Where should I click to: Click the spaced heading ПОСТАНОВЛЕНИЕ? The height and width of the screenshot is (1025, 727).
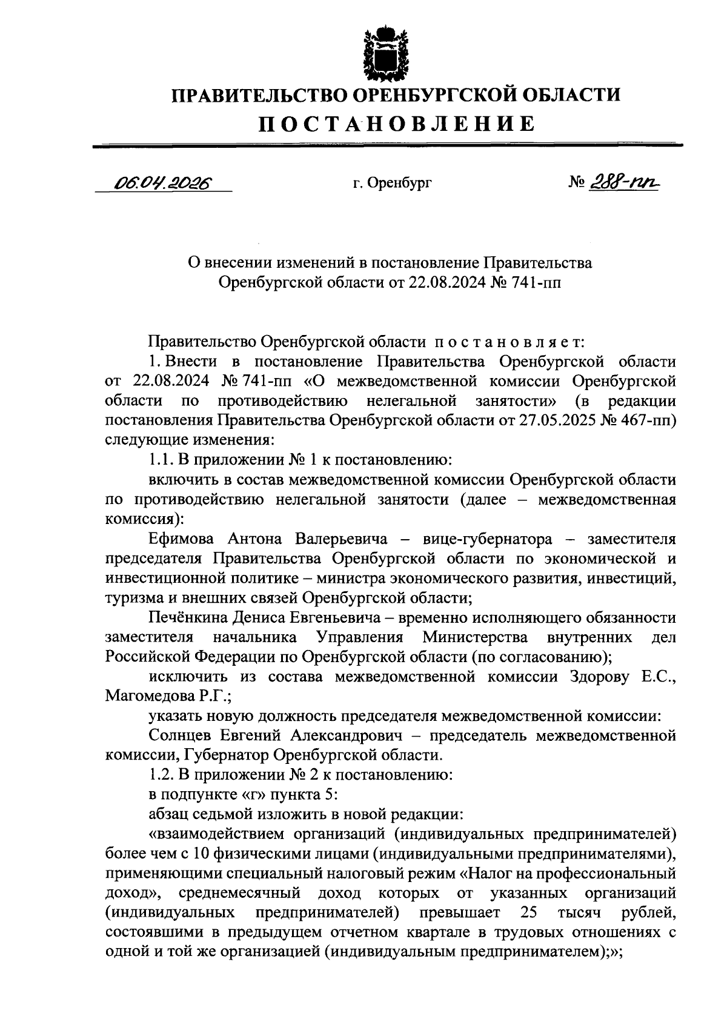(397, 124)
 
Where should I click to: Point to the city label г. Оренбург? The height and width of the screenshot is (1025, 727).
(392, 183)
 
